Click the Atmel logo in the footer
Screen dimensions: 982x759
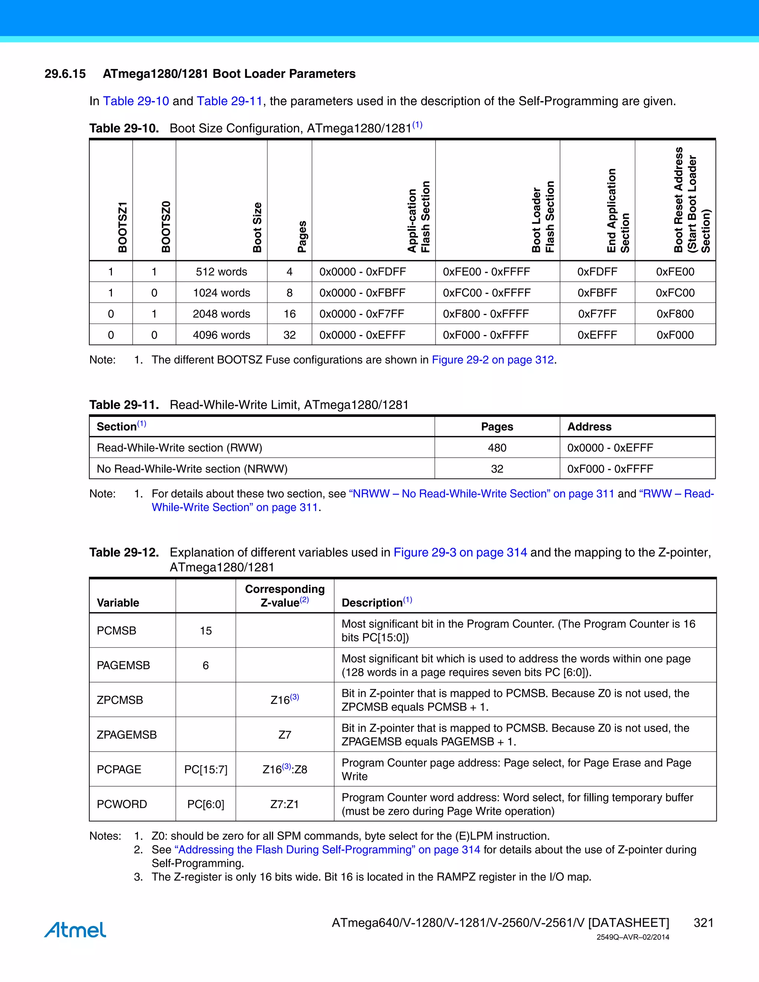pos(75,929)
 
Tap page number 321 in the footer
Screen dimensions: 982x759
pos(703,923)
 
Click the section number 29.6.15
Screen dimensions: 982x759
pos(65,74)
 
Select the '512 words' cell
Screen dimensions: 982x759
pos(221,272)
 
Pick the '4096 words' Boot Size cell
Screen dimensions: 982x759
pos(221,335)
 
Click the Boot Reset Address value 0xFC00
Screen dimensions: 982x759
pos(675,293)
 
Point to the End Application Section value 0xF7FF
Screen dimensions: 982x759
pos(597,314)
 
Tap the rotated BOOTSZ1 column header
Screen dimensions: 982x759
pos(122,227)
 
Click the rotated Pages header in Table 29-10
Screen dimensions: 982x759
pos(302,236)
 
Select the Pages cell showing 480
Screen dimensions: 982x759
pos(497,448)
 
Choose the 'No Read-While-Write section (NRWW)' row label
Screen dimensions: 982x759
pos(192,469)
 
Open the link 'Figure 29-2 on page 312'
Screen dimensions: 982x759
pos(493,360)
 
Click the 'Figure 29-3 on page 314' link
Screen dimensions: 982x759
pos(460,552)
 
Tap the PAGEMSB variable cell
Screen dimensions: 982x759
pos(123,665)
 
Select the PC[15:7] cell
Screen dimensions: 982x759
pos(205,769)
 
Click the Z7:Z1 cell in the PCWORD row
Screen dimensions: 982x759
pos(284,804)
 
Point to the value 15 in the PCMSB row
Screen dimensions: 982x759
pos(205,630)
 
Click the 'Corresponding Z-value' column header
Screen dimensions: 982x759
pos(285,595)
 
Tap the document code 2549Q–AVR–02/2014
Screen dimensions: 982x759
pos(633,937)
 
